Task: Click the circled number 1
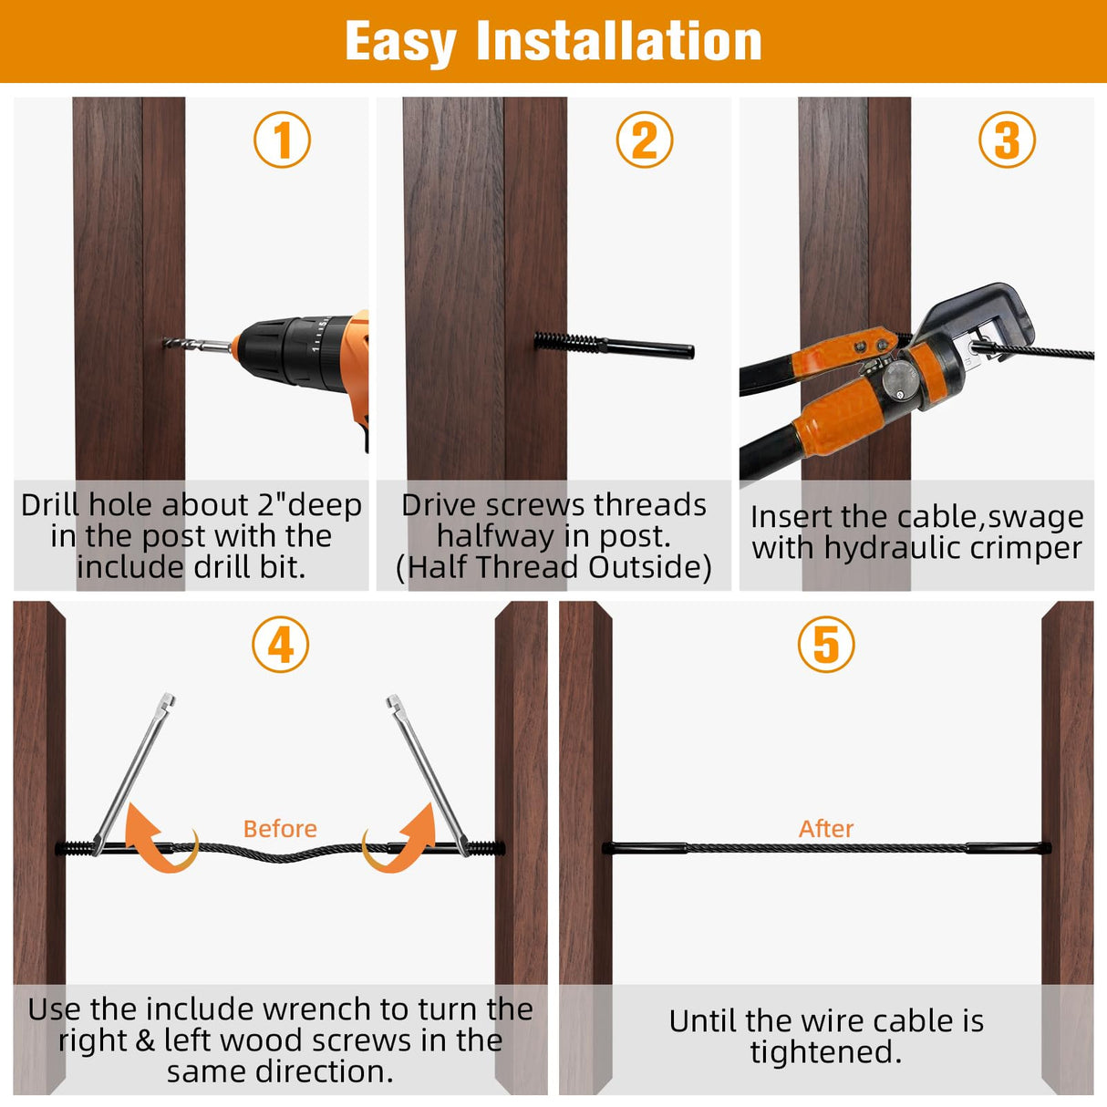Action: (282, 140)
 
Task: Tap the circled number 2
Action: (645, 140)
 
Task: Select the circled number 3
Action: (1007, 140)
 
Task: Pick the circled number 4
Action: (280, 645)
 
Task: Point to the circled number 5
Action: (826, 645)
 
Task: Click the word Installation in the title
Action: (619, 41)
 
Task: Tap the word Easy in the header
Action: (400, 43)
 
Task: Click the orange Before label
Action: (280, 828)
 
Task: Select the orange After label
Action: (826, 828)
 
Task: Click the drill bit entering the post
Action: (197, 345)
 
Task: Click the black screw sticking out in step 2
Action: (614, 346)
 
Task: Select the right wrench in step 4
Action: (429, 774)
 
